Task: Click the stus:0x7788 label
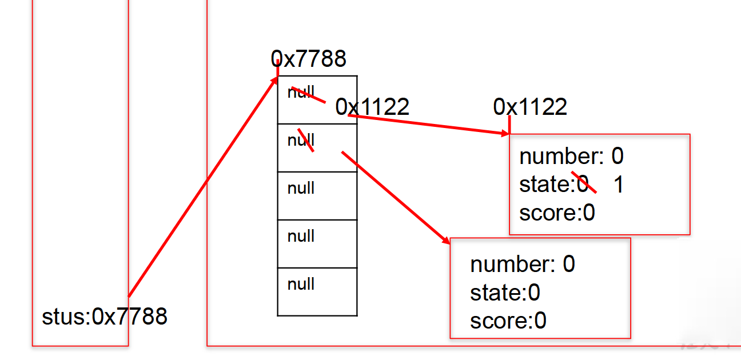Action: point(105,316)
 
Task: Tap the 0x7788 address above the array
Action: point(309,58)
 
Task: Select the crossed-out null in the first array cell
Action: point(301,92)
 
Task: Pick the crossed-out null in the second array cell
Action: point(301,140)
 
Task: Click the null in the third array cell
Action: point(301,188)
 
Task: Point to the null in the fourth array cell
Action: point(301,236)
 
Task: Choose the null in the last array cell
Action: point(301,284)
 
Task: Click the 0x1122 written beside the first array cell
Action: point(372,107)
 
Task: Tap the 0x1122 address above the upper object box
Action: point(530,107)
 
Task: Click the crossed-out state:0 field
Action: point(554,185)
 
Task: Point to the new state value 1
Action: point(618,185)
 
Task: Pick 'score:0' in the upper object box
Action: point(557,213)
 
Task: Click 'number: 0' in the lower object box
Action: point(522,265)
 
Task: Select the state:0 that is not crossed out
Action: point(505,293)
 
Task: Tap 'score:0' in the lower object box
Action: point(508,321)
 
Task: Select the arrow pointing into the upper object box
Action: point(429,125)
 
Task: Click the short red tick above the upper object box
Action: point(509,123)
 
